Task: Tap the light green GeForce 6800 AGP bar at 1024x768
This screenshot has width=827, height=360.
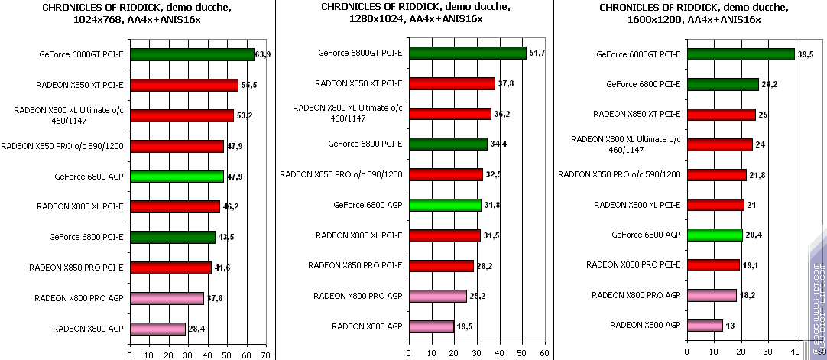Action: (x=177, y=176)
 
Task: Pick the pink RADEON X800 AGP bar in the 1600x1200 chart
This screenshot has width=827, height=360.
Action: (x=705, y=326)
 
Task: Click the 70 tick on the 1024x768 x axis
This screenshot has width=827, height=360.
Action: (x=265, y=355)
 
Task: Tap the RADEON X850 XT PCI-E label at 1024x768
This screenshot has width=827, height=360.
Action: (x=79, y=85)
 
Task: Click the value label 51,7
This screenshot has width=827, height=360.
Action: (x=537, y=54)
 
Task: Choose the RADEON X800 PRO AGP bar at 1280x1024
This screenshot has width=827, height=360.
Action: (x=437, y=296)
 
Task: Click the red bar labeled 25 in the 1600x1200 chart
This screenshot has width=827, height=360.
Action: (x=721, y=115)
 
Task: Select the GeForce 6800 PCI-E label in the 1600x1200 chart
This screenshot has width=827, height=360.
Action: (x=643, y=84)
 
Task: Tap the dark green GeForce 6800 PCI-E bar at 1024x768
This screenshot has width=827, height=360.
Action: (x=172, y=237)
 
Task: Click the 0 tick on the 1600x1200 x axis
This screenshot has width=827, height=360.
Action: (x=687, y=354)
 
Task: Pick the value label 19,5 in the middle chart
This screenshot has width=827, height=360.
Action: (x=465, y=326)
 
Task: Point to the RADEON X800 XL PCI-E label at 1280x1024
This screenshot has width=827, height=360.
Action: (x=358, y=235)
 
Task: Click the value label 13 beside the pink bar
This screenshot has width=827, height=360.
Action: (x=730, y=326)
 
